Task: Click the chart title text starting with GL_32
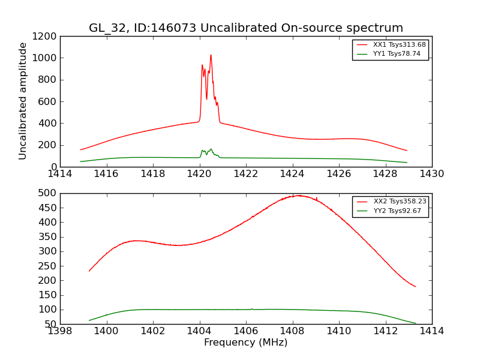pos(246,28)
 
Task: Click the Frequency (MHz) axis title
pos(246,343)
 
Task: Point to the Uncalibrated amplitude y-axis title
pos(23,101)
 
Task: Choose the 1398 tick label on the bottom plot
pos(60,331)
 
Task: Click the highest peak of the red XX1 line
pos(211,55)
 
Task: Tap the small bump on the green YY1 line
pos(211,149)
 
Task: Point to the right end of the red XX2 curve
pos(415,286)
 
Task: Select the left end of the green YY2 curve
pos(89,320)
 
